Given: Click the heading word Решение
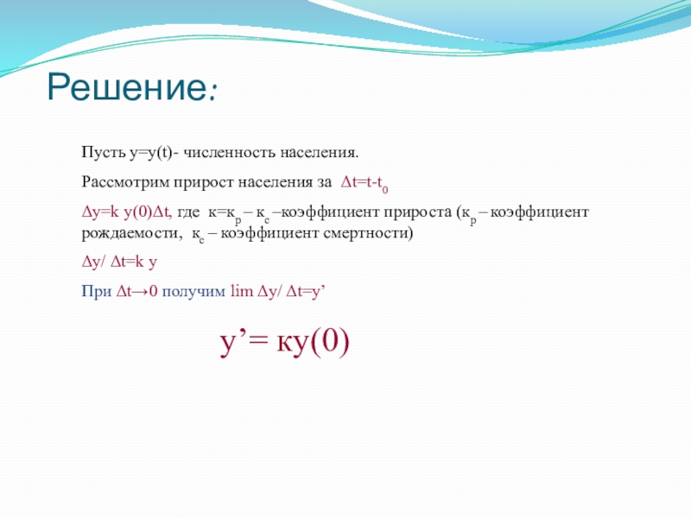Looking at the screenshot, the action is pyautogui.click(x=126, y=86).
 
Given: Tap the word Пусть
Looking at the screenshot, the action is pyautogui.click(x=104, y=153).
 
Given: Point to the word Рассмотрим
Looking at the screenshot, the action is pyautogui.click(x=125, y=182).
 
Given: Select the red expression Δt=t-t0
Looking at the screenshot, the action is pyautogui.click(x=365, y=183).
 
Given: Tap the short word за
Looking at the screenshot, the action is pyautogui.click(x=324, y=183).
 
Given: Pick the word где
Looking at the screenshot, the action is pyautogui.click(x=188, y=212).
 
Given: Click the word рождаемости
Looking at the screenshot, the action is pyautogui.click(x=132, y=233).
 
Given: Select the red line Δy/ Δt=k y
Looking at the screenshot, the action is pyautogui.click(x=119, y=262).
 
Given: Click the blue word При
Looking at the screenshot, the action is pyautogui.click(x=97, y=291).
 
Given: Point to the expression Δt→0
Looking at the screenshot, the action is pyautogui.click(x=137, y=291).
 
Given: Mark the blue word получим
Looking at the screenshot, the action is pyautogui.click(x=193, y=292).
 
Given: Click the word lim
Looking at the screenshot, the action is pyautogui.click(x=242, y=291).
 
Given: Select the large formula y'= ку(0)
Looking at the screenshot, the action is pyautogui.click(x=285, y=343).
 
